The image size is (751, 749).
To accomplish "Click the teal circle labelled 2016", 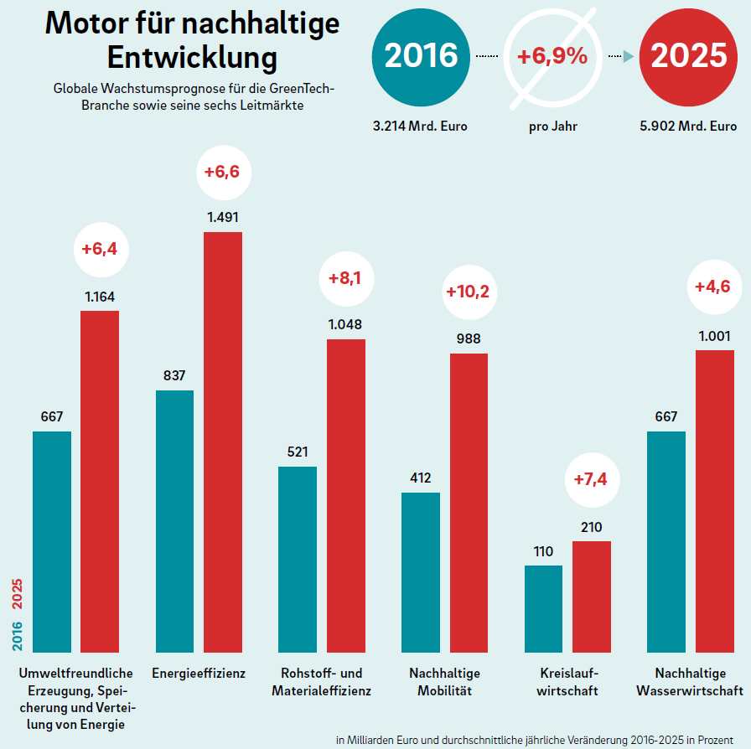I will pos(421,56).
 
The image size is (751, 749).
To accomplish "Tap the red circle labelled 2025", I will pos(688,56).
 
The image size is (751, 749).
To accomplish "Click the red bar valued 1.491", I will pos(223,442).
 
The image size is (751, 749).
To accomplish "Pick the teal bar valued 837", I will pos(174,521).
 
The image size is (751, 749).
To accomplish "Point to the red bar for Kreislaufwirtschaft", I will pos(592,597).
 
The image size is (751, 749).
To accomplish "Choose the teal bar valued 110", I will pos(544,609).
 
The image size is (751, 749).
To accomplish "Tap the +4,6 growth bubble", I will pos(712,287).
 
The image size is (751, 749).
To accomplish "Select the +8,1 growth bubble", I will pos(345,279).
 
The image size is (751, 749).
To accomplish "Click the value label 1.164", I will pos(100,296).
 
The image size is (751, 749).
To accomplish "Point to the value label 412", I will pos(420,478).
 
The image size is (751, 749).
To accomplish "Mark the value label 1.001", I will pos(715,336).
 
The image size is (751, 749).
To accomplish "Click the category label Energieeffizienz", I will pos(199,673).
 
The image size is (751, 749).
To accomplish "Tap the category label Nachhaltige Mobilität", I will pos(444,682).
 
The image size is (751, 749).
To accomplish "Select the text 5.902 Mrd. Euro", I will pos(688,127).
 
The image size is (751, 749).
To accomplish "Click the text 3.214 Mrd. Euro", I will pos(420,127).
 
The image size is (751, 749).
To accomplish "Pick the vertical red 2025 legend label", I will pos(17,596).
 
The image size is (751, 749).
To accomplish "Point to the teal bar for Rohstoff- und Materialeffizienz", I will pos(298,560).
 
